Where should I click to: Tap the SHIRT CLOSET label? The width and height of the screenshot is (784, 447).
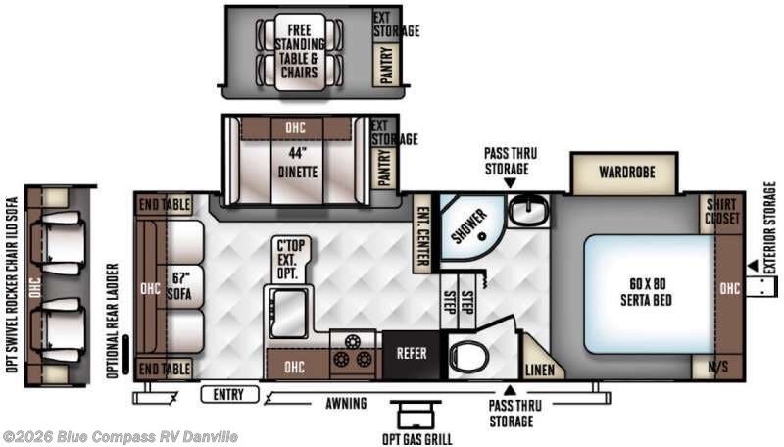[x=723, y=210]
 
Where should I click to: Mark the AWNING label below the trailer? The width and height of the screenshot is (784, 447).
[x=347, y=403]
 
